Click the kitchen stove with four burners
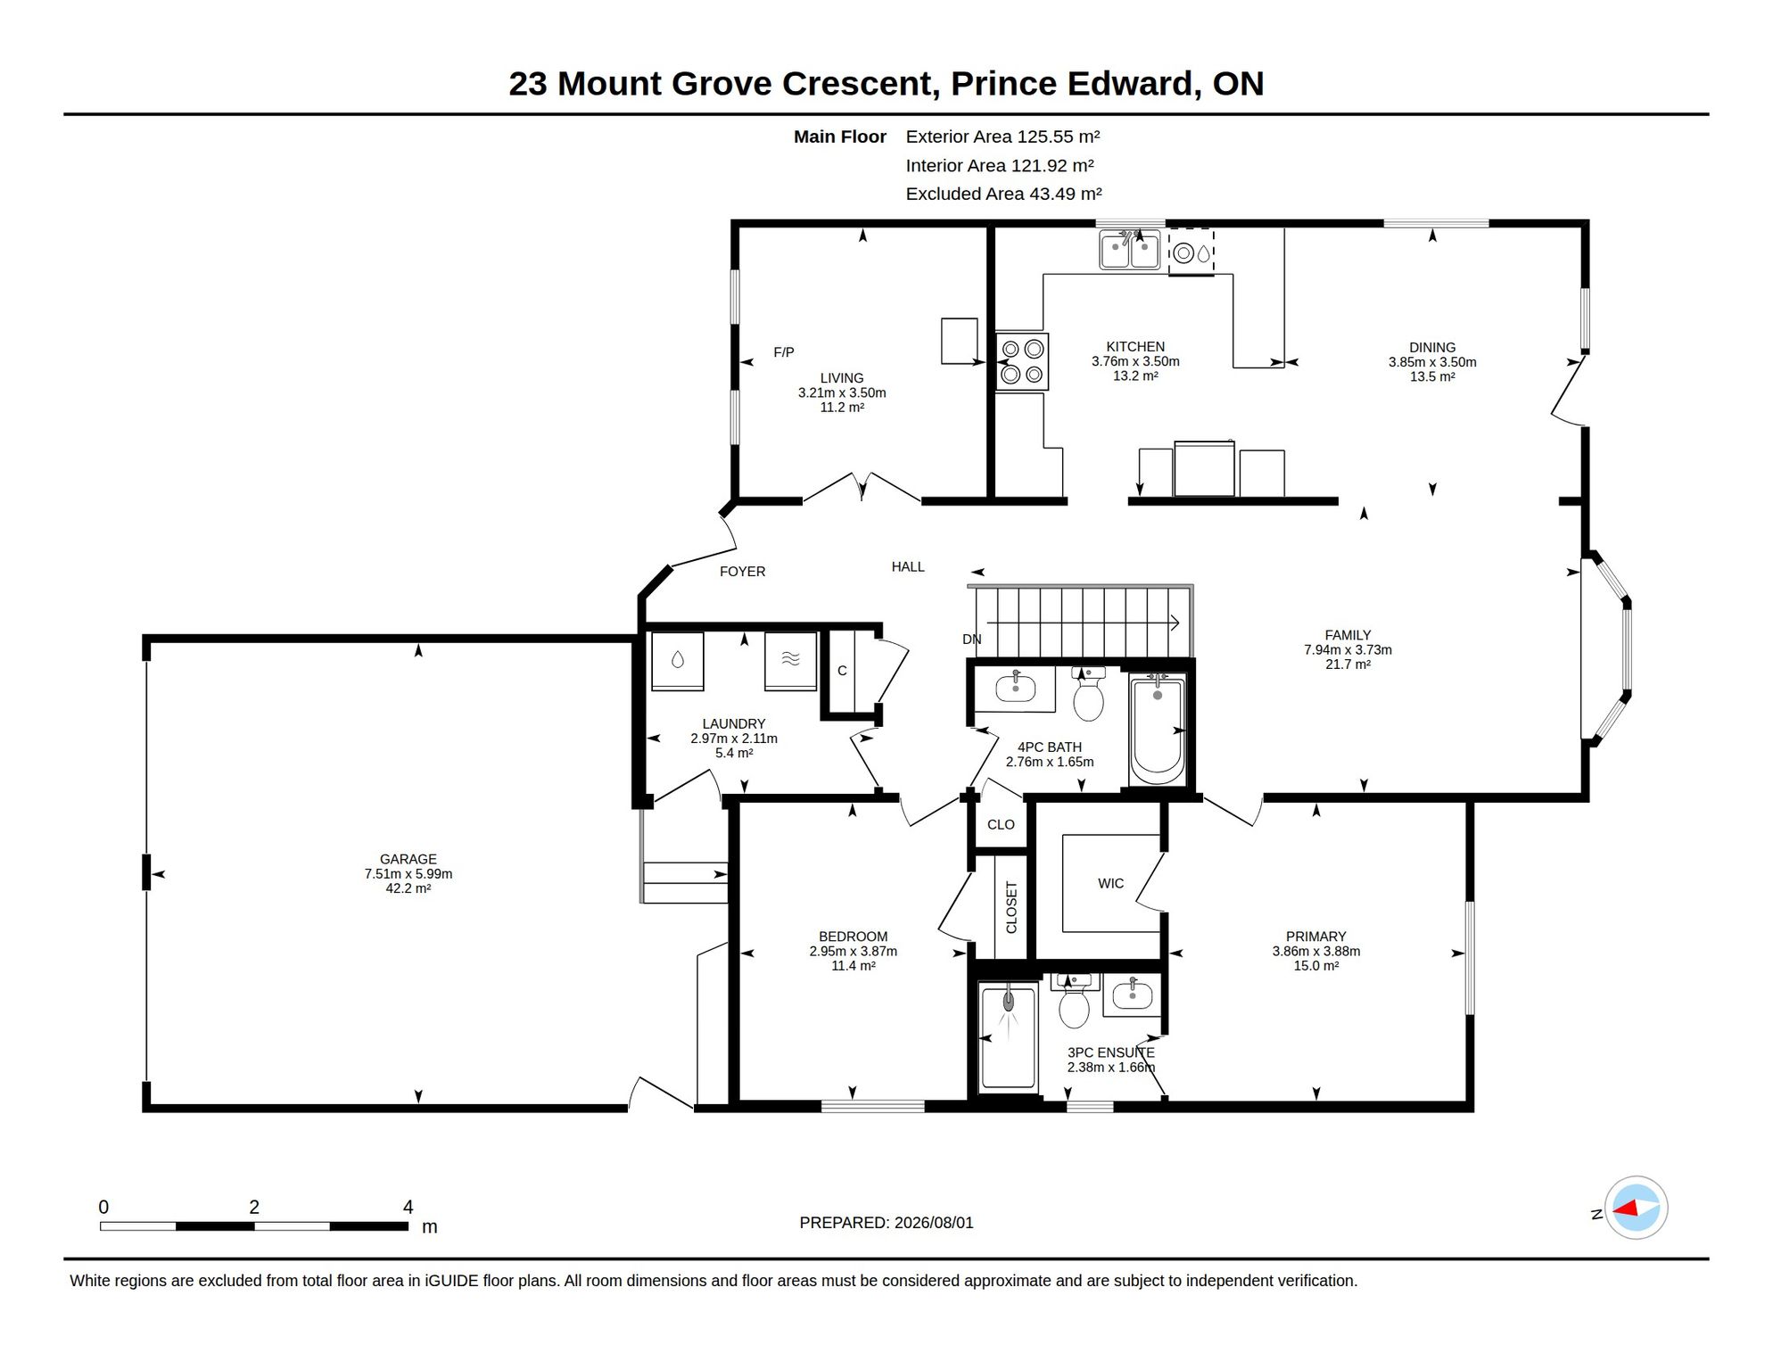click(x=1022, y=361)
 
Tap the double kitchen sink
click(x=1130, y=249)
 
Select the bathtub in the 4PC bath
click(x=1157, y=728)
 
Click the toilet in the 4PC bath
click(x=1088, y=693)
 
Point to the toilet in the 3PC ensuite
click(x=1074, y=1001)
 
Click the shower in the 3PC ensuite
click(x=1009, y=1037)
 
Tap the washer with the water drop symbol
click(x=678, y=661)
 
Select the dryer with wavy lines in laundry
click(x=790, y=661)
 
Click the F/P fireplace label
click(x=784, y=352)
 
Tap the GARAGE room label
click(x=408, y=859)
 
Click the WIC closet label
click(x=1111, y=883)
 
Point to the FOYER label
click(x=743, y=572)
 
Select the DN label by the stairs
click(x=972, y=640)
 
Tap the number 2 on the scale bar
click(x=254, y=1207)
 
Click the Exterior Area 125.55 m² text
click(x=1002, y=136)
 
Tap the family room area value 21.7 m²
click(x=1348, y=664)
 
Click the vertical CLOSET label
click(x=1011, y=907)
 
